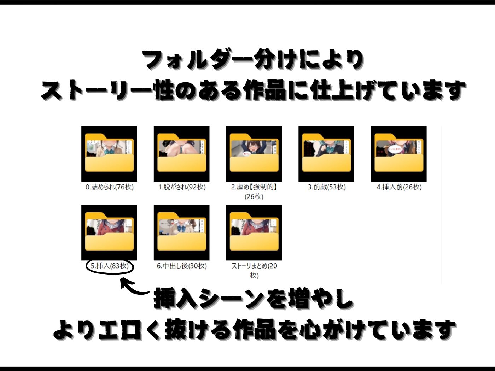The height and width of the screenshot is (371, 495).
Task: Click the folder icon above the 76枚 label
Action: click(x=109, y=154)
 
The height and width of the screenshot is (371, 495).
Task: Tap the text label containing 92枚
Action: click(x=182, y=187)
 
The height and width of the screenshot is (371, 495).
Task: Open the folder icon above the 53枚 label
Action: click(x=326, y=154)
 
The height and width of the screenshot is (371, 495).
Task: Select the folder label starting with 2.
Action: click(x=254, y=192)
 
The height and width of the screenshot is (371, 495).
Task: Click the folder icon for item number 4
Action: click(x=398, y=154)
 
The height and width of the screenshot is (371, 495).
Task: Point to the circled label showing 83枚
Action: click(x=110, y=266)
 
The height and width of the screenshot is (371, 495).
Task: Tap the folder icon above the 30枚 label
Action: click(x=182, y=232)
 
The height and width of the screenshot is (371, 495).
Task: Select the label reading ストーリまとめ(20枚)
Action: click(x=254, y=270)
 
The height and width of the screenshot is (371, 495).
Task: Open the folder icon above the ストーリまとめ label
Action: click(x=254, y=232)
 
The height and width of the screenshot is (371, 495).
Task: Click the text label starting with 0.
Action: click(x=110, y=187)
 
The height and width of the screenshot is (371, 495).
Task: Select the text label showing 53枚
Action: click(x=327, y=187)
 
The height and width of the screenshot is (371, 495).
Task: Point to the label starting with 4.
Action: click(x=399, y=187)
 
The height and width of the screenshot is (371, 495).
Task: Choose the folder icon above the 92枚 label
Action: click(x=182, y=154)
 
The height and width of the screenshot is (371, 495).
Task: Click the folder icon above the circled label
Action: click(x=109, y=232)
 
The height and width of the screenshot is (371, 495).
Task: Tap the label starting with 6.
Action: click(x=182, y=266)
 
